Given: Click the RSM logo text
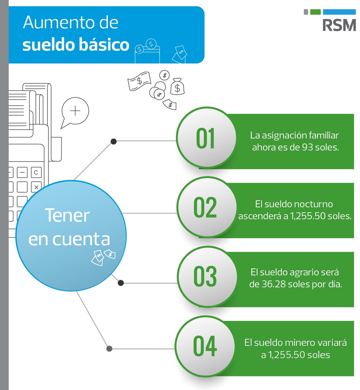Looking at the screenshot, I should click(339, 25).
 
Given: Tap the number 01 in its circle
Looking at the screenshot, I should click(205, 138).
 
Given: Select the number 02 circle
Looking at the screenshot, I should click(205, 208).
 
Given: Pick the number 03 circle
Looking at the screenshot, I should click(205, 276).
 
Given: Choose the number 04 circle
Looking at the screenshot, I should click(205, 346).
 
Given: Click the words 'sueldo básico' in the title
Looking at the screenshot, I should click(76, 45).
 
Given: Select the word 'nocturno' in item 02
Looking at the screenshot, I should click(313, 204).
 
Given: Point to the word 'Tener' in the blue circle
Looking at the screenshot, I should click(67, 215).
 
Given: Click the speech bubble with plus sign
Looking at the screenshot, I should click(75, 111).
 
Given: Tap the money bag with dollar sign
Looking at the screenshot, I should click(178, 87).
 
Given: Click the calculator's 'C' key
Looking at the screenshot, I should click(36, 172).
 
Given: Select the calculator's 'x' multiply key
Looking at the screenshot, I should click(36, 187).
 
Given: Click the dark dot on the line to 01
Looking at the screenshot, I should click(113, 142).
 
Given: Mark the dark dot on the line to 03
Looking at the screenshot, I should click(121, 283).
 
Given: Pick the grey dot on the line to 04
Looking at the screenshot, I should click(109, 349).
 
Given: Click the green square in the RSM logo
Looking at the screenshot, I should click(315, 12).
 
